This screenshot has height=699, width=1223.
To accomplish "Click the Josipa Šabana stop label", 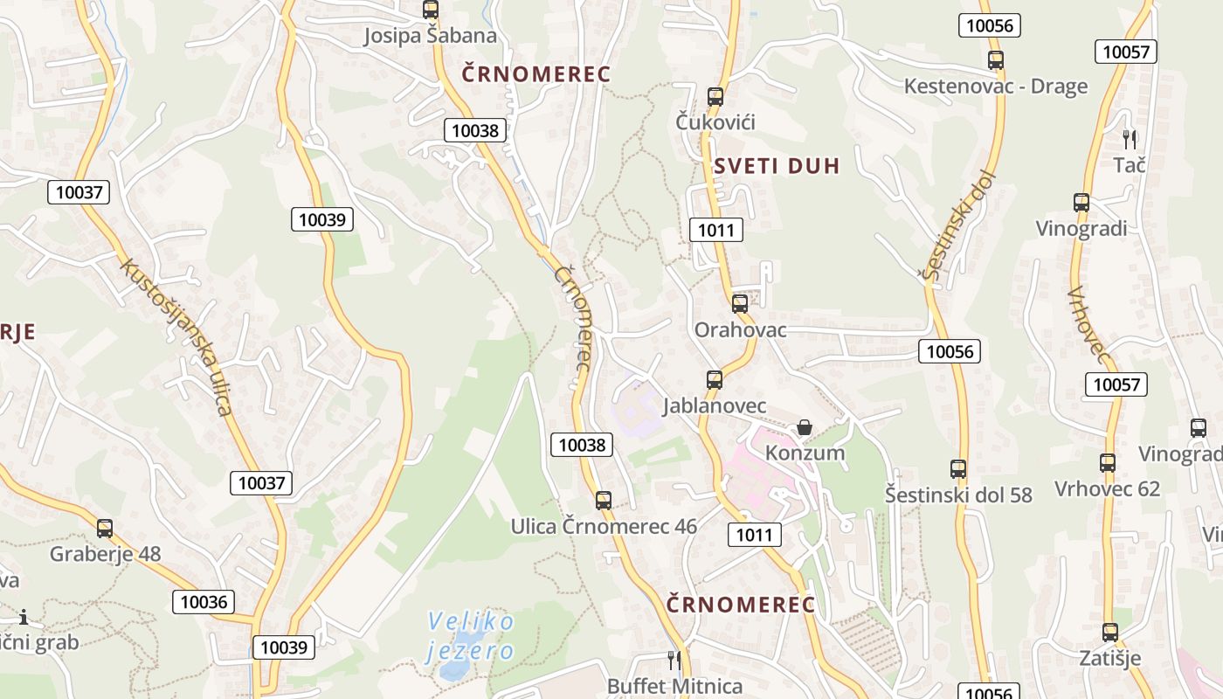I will click(x=430, y=36).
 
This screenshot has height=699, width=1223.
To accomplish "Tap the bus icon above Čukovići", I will click(x=715, y=96).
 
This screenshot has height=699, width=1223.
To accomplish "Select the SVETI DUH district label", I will click(x=776, y=166).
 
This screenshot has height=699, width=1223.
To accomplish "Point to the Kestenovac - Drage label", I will click(x=995, y=87).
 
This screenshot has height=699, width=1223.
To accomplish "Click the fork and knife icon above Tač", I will click(x=1130, y=138).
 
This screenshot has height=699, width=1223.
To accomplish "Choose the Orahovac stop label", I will click(x=740, y=330).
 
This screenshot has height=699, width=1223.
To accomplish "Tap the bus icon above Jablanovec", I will click(x=715, y=379).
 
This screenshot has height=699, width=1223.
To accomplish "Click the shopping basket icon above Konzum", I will click(x=805, y=427).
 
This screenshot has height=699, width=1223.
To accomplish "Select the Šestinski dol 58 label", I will click(x=958, y=495).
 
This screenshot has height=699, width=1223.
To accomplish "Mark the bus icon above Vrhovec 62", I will click(x=1108, y=462).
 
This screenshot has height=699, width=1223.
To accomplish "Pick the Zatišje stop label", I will click(x=1109, y=658).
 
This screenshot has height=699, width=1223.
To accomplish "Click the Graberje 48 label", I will click(x=105, y=554).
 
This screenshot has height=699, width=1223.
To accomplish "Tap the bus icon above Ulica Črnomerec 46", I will click(x=603, y=501).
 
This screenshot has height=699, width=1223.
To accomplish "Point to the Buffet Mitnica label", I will click(x=674, y=687).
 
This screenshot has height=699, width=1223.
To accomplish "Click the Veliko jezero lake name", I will click(x=471, y=635).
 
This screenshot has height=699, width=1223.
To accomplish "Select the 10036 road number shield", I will click(x=204, y=601).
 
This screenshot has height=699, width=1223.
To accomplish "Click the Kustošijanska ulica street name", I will click(x=177, y=336).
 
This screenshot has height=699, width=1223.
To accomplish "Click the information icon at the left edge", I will click(x=24, y=618).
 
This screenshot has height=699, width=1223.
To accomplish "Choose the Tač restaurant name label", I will click(x=1129, y=164).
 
